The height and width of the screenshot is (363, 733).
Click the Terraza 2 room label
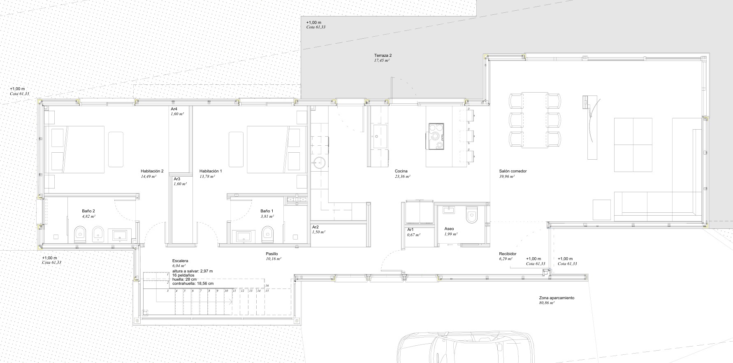click(383, 55)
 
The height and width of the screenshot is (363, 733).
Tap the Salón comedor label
click(513, 171)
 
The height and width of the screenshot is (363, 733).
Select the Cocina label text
click(401, 171)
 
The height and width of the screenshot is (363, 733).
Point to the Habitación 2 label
click(152, 171)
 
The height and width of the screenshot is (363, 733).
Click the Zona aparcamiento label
click(557, 298)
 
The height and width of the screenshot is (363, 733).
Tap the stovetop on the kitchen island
click(436, 135)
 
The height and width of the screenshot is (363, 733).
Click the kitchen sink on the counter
click(378, 136)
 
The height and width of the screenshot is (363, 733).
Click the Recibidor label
click(508, 254)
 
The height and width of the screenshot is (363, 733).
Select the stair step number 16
click(267, 285)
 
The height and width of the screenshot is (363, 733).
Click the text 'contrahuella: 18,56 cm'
click(193, 284)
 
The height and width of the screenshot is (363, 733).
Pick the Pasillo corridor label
click(272, 254)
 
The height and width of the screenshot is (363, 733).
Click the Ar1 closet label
click(411, 229)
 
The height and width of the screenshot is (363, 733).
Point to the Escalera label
click(180, 261)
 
